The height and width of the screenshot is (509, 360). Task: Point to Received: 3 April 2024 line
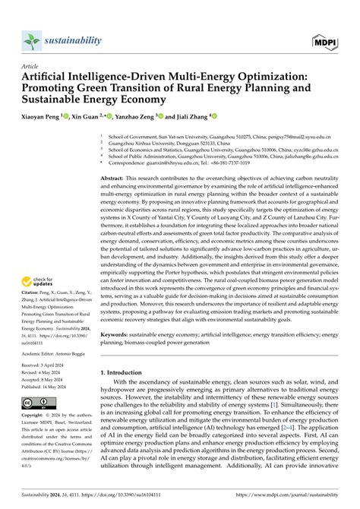click(x=47, y=365)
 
